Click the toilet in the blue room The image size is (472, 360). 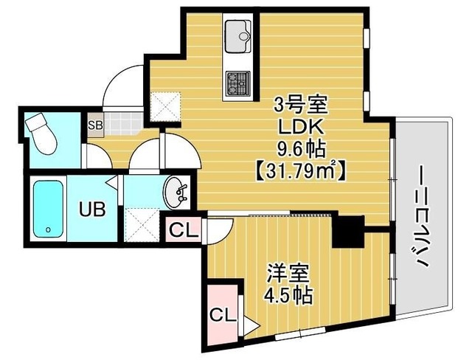click(x=41, y=134)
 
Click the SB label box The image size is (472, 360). click(x=95, y=125)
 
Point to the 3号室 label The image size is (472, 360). click(x=295, y=103)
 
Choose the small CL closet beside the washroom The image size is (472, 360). click(x=184, y=229)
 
